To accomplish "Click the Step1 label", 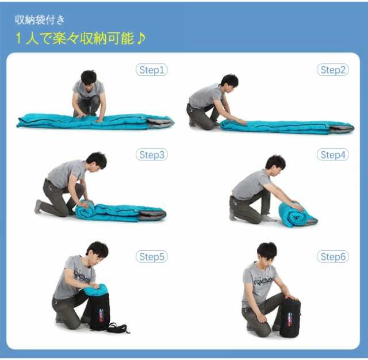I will [152, 70].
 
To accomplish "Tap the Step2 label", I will [332, 70].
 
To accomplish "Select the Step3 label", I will [152, 155].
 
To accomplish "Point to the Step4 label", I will [332, 155].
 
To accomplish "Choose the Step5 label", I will [152, 256].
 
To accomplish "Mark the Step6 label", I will [332, 256].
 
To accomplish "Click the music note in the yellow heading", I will [141, 39].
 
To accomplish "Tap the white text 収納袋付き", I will [40, 20].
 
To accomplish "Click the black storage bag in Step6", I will [290, 317].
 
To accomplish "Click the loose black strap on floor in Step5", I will [119, 328].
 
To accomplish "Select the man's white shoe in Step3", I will [38, 206].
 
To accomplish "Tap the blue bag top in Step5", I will [95, 290].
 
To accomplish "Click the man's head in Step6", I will [267, 251].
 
